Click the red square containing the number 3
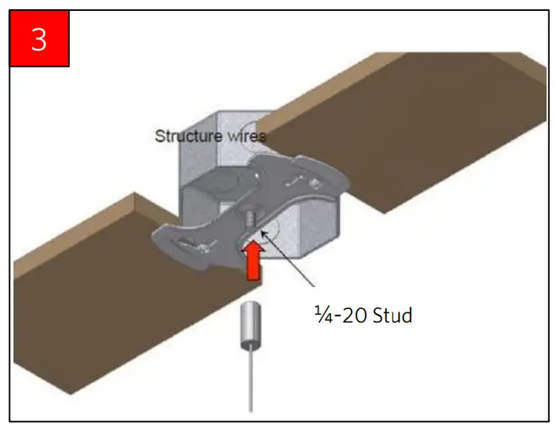pos(40,38)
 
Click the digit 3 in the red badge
pos(40,40)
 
